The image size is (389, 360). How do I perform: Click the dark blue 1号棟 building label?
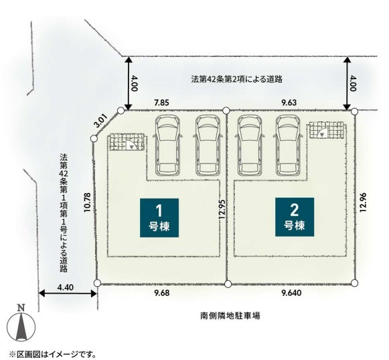coord(159,218)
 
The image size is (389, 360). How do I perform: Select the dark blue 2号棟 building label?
coord(295,217)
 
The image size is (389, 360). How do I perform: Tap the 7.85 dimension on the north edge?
coord(161,103)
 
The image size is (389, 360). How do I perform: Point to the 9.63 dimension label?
coord(289,103)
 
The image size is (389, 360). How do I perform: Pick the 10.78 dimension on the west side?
coord(88,202)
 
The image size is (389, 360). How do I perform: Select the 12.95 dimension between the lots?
coord(222,209)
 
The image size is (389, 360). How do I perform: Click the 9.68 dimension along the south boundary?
coord(162,293)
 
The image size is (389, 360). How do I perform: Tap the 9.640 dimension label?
coord(292,293)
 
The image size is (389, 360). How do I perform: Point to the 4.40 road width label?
coord(65,287)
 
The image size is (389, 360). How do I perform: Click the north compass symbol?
coord(21,324)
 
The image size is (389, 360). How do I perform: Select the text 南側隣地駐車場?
coord(230,316)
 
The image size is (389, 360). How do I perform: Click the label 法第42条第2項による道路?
coord(236,79)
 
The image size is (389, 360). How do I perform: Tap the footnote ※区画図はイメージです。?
coord(53,354)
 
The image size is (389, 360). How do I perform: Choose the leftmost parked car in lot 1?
coord(167,145)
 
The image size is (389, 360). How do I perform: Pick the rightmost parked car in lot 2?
coord(288,145)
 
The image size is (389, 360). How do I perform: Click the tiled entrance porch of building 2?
coord(326,129)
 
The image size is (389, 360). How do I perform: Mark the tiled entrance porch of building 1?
coord(127,141)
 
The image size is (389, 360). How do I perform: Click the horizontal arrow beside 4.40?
coord(68,294)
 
